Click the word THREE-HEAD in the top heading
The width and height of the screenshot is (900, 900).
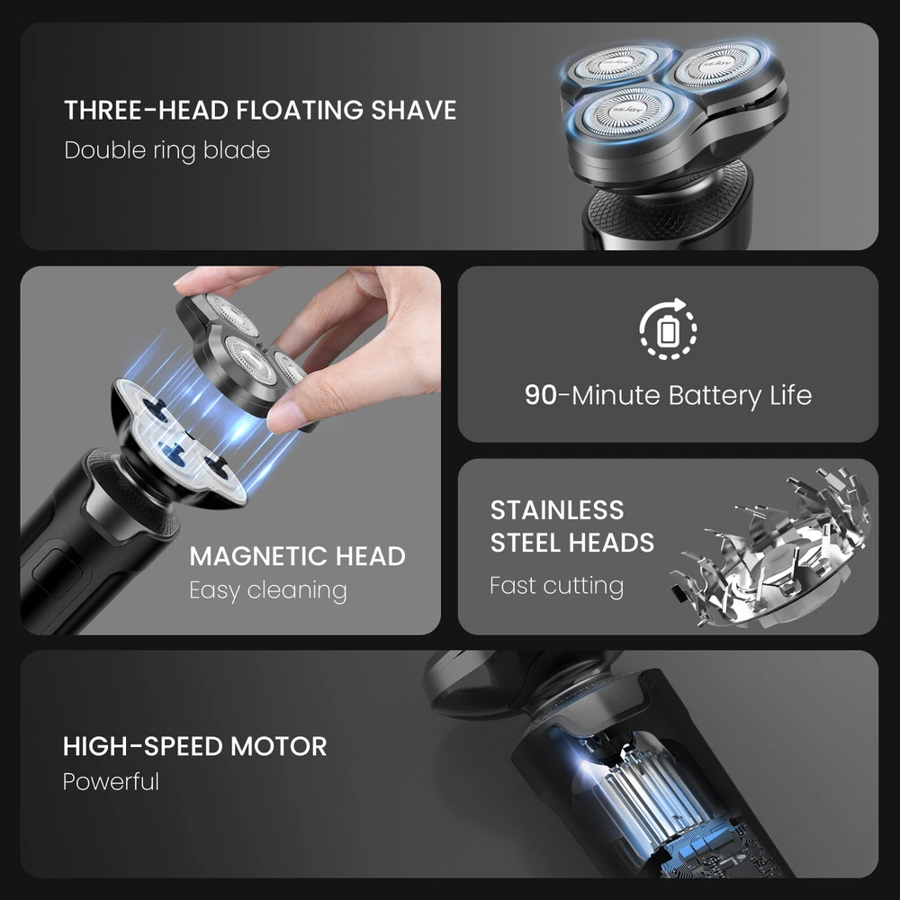pyautogui.click(x=147, y=110)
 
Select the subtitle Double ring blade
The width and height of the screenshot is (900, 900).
pyautogui.click(x=167, y=150)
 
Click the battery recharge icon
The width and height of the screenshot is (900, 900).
pyautogui.click(x=668, y=328)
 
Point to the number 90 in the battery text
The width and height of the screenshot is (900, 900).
pyautogui.click(x=541, y=395)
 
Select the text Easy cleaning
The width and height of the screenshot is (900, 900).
pyautogui.click(x=268, y=590)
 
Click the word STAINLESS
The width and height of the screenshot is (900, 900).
pyautogui.click(x=557, y=510)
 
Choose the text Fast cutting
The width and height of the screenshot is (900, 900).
pyautogui.click(x=557, y=586)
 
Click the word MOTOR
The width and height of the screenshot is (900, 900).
pyautogui.click(x=278, y=746)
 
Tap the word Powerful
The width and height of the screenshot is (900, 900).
pyautogui.click(x=111, y=782)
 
